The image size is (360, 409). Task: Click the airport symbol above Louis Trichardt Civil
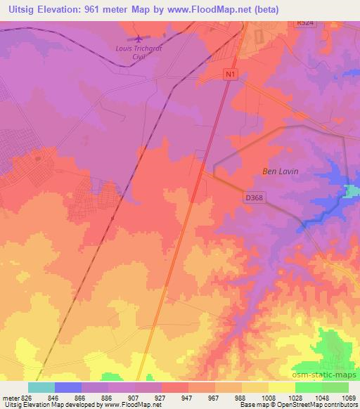[139, 38]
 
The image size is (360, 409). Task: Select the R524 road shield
[304, 23]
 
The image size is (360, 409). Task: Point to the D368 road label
[253, 198]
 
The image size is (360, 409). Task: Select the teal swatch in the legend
[41, 387]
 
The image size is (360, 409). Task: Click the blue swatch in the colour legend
[67, 387]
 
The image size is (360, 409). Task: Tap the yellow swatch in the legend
[281, 387]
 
